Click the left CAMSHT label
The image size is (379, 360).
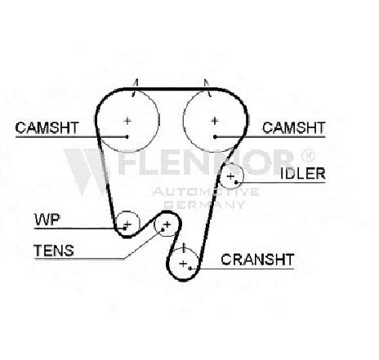click(47, 127)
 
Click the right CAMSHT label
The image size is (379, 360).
click(294, 127)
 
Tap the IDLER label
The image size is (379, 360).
click(303, 174)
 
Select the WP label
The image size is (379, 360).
click(47, 220)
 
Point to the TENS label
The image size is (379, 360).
click(54, 251)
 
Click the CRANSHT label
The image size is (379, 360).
click(257, 260)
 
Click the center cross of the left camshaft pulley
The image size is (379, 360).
click(127, 121)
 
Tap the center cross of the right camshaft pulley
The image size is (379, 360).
click(215, 121)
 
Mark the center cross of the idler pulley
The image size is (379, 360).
click(230, 176)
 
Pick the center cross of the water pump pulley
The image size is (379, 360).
click(127, 224)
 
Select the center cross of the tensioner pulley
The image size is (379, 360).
click(167, 224)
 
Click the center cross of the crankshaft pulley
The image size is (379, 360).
click(184, 264)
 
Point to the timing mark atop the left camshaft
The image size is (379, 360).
click(135, 87)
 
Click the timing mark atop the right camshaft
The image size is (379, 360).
click(207, 87)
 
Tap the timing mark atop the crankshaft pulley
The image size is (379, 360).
click(184, 247)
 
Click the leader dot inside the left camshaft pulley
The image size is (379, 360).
click(127, 136)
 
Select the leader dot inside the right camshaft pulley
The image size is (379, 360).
click(215, 136)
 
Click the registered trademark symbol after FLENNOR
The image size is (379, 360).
click(308, 155)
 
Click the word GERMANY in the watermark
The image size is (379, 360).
click(205, 205)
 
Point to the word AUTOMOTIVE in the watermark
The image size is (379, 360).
click(206, 192)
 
